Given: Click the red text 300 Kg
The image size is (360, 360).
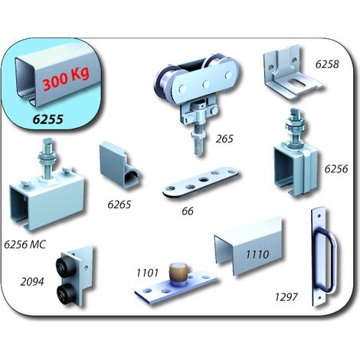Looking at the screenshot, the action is click(66, 78).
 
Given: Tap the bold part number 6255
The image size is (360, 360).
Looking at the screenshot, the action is click(47, 119).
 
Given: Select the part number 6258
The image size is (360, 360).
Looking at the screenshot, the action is click(327, 64).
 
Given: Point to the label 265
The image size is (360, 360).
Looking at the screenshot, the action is click(224, 139).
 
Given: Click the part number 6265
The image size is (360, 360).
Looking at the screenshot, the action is click(119, 205).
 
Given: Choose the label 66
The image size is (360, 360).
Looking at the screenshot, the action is click(188, 211).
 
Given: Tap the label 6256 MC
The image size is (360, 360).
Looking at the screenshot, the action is click(25, 244).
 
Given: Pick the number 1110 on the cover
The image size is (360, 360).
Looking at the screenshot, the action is click(257, 254).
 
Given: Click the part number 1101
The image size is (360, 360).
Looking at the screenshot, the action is click(147, 273).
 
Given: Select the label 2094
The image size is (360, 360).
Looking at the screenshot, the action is click(32, 282).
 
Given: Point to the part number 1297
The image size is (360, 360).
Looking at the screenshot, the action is click(286, 297).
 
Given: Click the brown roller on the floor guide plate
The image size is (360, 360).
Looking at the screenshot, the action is click(178, 272).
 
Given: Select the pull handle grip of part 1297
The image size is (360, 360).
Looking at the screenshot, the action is click(332, 260).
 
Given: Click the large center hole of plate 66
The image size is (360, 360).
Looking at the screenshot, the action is click(204, 179).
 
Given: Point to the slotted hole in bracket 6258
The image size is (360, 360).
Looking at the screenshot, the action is click(296, 83).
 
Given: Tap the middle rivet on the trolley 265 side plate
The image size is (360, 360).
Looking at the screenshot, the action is click(206, 83).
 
